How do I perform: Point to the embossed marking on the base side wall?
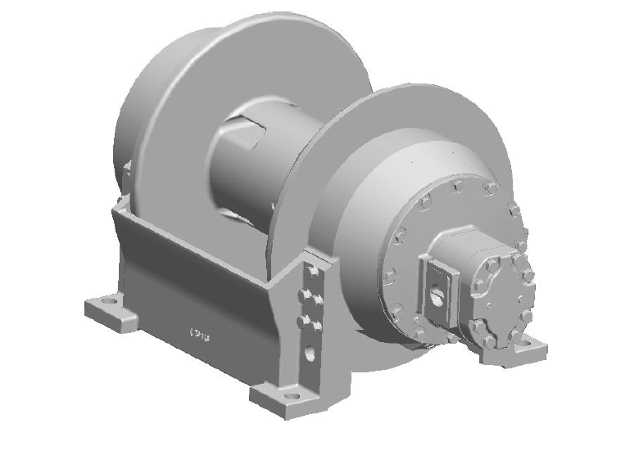(x=200, y=334)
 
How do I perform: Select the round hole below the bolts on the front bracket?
(x=310, y=354)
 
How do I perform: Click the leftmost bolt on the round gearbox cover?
(x=389, y=273)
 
